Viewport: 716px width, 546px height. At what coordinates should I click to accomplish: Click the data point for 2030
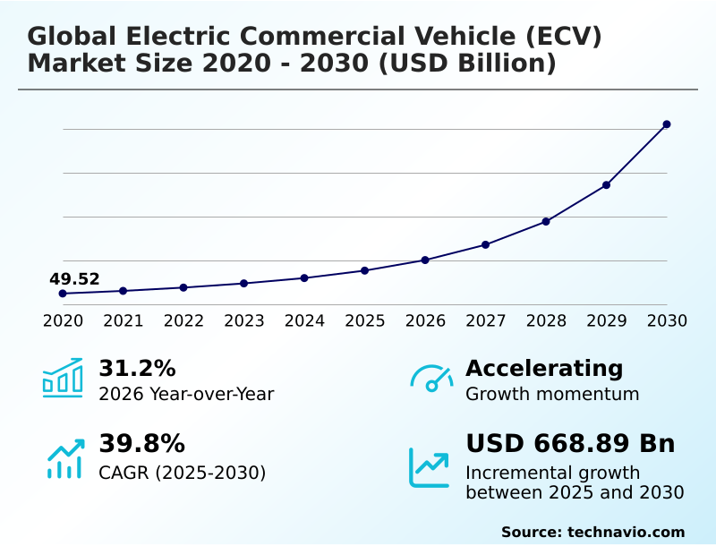(x=667, y=124)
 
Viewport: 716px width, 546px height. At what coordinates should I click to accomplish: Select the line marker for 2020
(x=63, y=294)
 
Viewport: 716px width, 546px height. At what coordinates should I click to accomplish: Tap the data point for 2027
(x=485, y=244)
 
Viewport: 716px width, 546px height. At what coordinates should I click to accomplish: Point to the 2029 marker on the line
(x=606, y=185)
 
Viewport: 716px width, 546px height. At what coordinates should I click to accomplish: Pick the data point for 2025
(x=364, y=270)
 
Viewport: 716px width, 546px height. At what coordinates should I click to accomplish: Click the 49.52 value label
(x=74, y=279)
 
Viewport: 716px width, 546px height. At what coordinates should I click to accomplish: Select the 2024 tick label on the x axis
(x=304, y=321)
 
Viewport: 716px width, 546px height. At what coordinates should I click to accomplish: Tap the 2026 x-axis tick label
(x=425, y=321)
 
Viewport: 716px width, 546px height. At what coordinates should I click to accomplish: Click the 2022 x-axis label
(x=183, y=321)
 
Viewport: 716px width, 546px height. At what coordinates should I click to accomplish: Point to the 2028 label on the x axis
(x=546, y=321)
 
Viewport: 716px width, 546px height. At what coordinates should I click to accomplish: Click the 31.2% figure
(x=137, y=369)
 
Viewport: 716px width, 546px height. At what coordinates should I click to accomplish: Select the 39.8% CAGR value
(x=141, y=444)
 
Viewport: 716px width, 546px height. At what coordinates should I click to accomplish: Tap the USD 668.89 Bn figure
(x=570, y=444)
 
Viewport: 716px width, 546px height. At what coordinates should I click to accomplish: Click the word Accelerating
(x=544, y=369)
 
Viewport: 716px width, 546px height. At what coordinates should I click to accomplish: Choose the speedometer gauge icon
(x=431, y=379)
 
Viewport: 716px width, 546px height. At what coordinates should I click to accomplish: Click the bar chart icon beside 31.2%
(x=63, y=379)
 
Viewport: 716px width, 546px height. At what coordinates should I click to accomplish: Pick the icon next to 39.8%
(x=64, y=458)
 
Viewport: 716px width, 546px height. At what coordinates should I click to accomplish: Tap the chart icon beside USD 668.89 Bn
(x=430, y=467)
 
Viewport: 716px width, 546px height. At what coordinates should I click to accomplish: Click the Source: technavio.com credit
(x=592, y=532)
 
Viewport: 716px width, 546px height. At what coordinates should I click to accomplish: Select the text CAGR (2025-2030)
(x=183, y=473)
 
